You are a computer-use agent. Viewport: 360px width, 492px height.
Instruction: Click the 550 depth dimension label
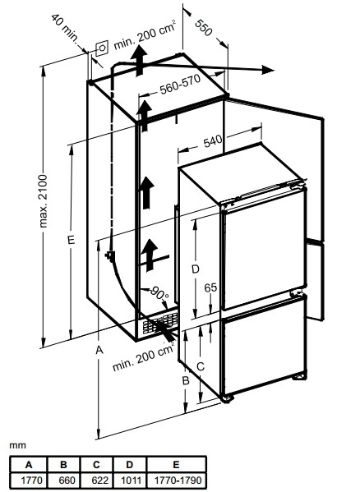tap(204, 28)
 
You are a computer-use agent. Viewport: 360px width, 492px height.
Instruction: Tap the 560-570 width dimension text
tap(180, 84)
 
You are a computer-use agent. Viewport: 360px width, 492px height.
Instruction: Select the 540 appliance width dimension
tap(213, 141)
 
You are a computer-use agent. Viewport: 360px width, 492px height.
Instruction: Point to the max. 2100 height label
tap(43, 201)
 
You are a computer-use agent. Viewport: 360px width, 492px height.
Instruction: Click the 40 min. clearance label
tap(64, 28)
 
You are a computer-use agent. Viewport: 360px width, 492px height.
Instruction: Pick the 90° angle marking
tap(159, 293)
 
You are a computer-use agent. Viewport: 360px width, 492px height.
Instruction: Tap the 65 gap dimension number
tap(210, 287)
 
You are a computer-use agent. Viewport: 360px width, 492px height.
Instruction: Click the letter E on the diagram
tap(72, 240)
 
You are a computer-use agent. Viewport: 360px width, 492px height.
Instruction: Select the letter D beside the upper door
tap(196, 269)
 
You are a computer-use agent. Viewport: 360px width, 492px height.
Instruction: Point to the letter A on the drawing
tap(99, 350)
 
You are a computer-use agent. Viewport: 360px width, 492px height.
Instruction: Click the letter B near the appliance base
tap(186, 380)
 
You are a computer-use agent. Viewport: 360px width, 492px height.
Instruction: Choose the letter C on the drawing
tap(201, 366)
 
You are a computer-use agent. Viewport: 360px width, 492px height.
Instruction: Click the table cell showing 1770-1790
tap(177, 480)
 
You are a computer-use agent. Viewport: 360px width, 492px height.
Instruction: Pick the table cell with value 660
tap(64, 480)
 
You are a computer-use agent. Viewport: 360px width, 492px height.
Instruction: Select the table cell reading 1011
tap(129, 480)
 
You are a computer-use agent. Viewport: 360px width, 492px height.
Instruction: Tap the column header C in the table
tap(96, 464)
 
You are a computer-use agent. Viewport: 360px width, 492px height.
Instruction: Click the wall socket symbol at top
tap(102, 48)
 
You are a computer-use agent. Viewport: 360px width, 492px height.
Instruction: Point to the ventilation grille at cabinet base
tap(160, 324)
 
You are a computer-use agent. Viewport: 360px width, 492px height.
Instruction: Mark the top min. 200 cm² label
tap(145, 34)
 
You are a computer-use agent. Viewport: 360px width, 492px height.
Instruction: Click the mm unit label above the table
tap(17, 445)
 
